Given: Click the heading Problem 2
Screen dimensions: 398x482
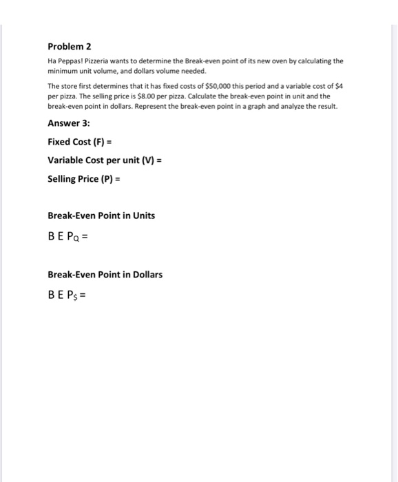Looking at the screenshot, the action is (x=69, y=47).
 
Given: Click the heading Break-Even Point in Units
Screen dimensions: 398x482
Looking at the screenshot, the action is (x=101, y=216).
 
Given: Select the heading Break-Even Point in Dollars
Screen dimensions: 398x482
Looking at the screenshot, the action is (x=105, y=275).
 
